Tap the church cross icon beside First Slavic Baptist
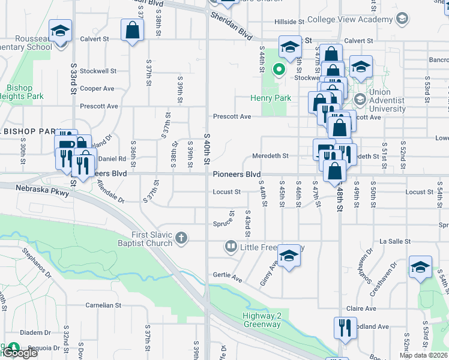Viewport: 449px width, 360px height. point(181,240)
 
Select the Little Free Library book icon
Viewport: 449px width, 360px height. point(231,247)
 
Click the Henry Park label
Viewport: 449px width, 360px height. point(271,98)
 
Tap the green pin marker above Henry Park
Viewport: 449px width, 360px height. point(279,69)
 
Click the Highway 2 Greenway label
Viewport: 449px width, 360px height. point(262,320)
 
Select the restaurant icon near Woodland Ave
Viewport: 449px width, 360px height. point(343,327)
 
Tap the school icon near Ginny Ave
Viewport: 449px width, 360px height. point(289,256)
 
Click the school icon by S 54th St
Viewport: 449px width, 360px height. point(420,267)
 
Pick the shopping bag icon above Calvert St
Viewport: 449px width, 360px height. point(132,30)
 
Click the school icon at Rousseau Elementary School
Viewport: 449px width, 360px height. point(60,32)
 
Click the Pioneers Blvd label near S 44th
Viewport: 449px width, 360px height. point(236,174)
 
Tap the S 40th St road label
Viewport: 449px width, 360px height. point(207,148)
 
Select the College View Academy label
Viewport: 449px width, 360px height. point(350,20)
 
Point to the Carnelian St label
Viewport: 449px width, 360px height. point(100,305)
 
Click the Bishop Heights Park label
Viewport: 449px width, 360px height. point(22,91)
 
